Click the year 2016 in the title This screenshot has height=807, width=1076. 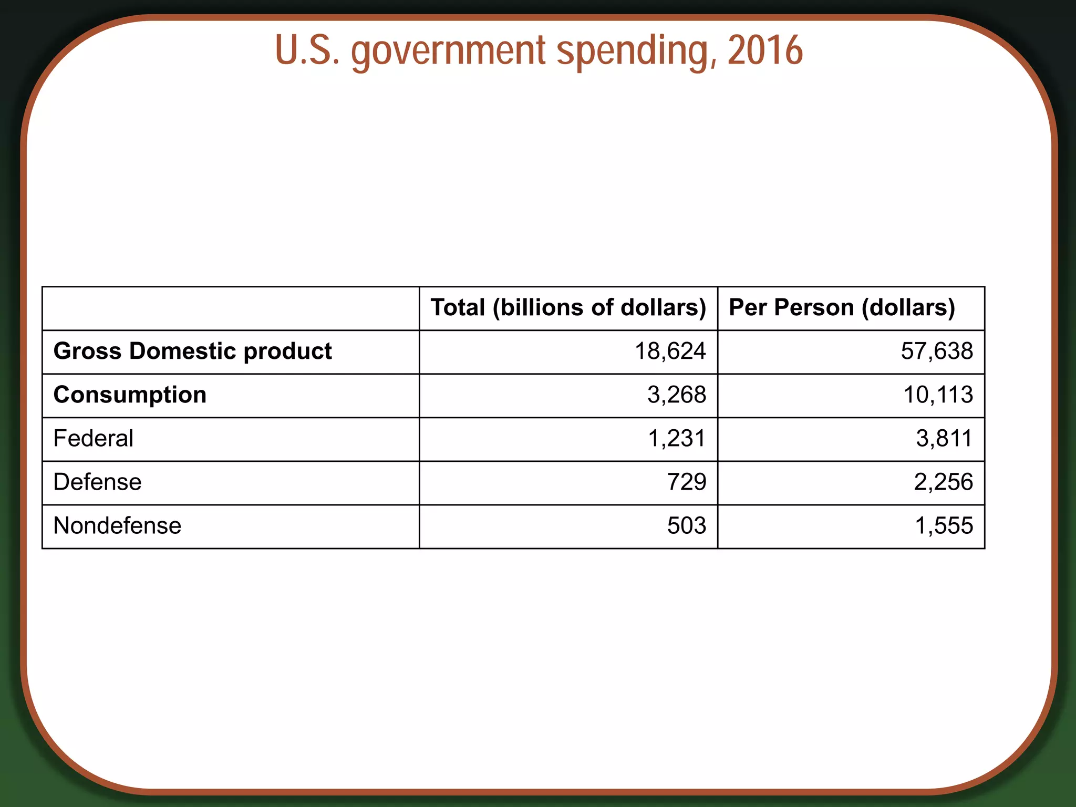[x=765, y=50]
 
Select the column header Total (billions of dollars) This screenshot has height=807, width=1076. [x=568, y=308]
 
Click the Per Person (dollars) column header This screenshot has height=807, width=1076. [x=842, y=308]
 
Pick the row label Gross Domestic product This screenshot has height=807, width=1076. [x=192, y=351]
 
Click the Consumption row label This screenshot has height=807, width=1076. [x=130, y=395]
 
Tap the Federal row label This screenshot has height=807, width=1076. [x=93, y=439]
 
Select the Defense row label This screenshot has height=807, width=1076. [x=97, y=482]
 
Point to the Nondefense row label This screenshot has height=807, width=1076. [x=117, y=526]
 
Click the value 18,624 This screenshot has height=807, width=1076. [x=670, y=351]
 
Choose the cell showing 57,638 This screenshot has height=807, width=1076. [x=937, y=351]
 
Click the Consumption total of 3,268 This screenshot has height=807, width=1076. [x=677, y=395]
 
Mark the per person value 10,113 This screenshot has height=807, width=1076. [x=938, y=395]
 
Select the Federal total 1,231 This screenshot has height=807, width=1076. [x=677, y=439]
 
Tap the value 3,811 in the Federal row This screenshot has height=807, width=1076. [x=944, y=439]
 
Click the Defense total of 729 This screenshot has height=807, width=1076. [x=687, y=482]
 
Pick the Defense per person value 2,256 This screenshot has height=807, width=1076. [x=943, y=482]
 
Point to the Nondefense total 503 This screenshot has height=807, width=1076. [x=687, y=526]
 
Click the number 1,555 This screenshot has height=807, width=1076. [x=944, y=526]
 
